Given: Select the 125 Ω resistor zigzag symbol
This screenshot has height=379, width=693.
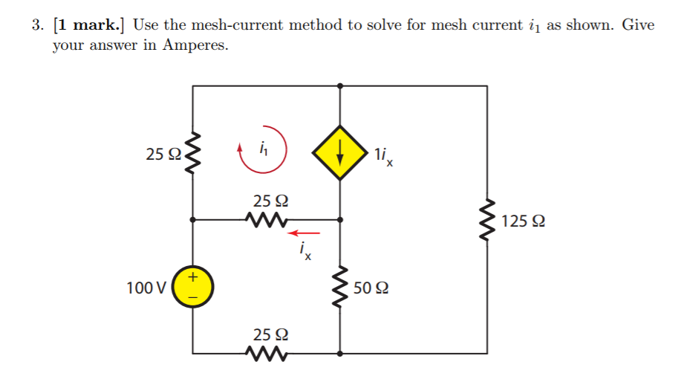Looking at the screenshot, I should (487, 221).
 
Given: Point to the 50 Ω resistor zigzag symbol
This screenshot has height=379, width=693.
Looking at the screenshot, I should (340, 288).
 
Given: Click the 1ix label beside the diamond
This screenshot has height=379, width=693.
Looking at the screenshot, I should (384, 156).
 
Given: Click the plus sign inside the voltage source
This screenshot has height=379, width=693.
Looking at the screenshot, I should (193, 279).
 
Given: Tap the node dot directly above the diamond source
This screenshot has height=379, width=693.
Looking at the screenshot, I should (340, 86).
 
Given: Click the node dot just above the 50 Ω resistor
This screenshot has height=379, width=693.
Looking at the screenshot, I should (340, 220).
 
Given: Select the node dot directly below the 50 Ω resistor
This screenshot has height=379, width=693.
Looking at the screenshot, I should (340, 353).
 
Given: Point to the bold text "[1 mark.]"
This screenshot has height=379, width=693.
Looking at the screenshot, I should (91, 25).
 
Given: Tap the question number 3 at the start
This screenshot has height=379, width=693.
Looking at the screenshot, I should (37, 25).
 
